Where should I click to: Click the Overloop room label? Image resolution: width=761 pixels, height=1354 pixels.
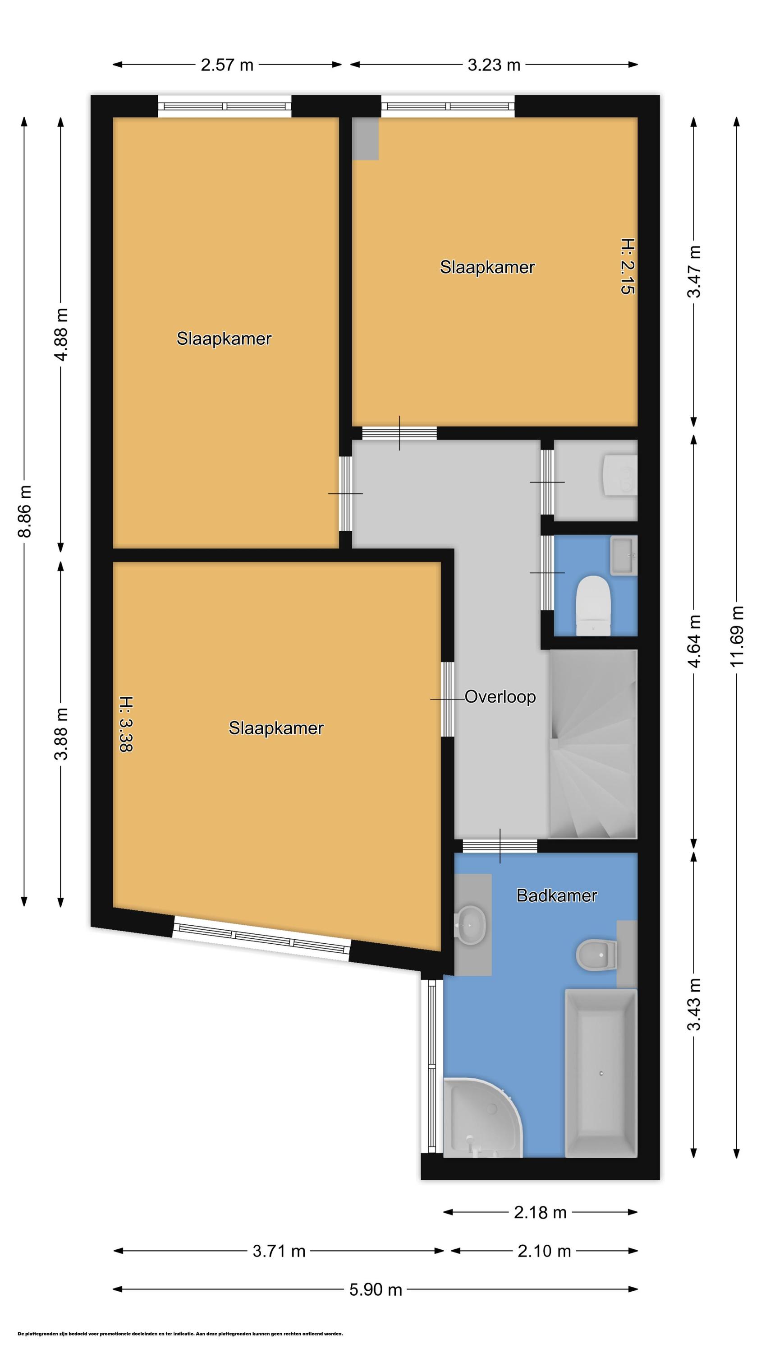point(500,697)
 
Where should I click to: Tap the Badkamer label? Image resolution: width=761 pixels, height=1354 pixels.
point(557,895)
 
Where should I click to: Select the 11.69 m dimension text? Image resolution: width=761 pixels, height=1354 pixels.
point(738,635)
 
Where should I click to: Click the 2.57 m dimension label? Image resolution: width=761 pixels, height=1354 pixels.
point(227,65)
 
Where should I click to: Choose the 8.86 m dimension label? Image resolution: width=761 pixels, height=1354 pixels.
point(25,511)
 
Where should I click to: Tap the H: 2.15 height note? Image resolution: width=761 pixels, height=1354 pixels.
point(628,266)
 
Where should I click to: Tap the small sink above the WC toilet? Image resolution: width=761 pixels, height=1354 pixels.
point(624,555)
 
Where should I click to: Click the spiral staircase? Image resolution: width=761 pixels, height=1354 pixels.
point(592,744)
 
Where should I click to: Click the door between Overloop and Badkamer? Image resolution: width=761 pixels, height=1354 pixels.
point(500,846)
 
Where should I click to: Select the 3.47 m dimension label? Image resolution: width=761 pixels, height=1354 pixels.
point(694,272)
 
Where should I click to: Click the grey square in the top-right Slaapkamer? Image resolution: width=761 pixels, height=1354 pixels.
point(365,139)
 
